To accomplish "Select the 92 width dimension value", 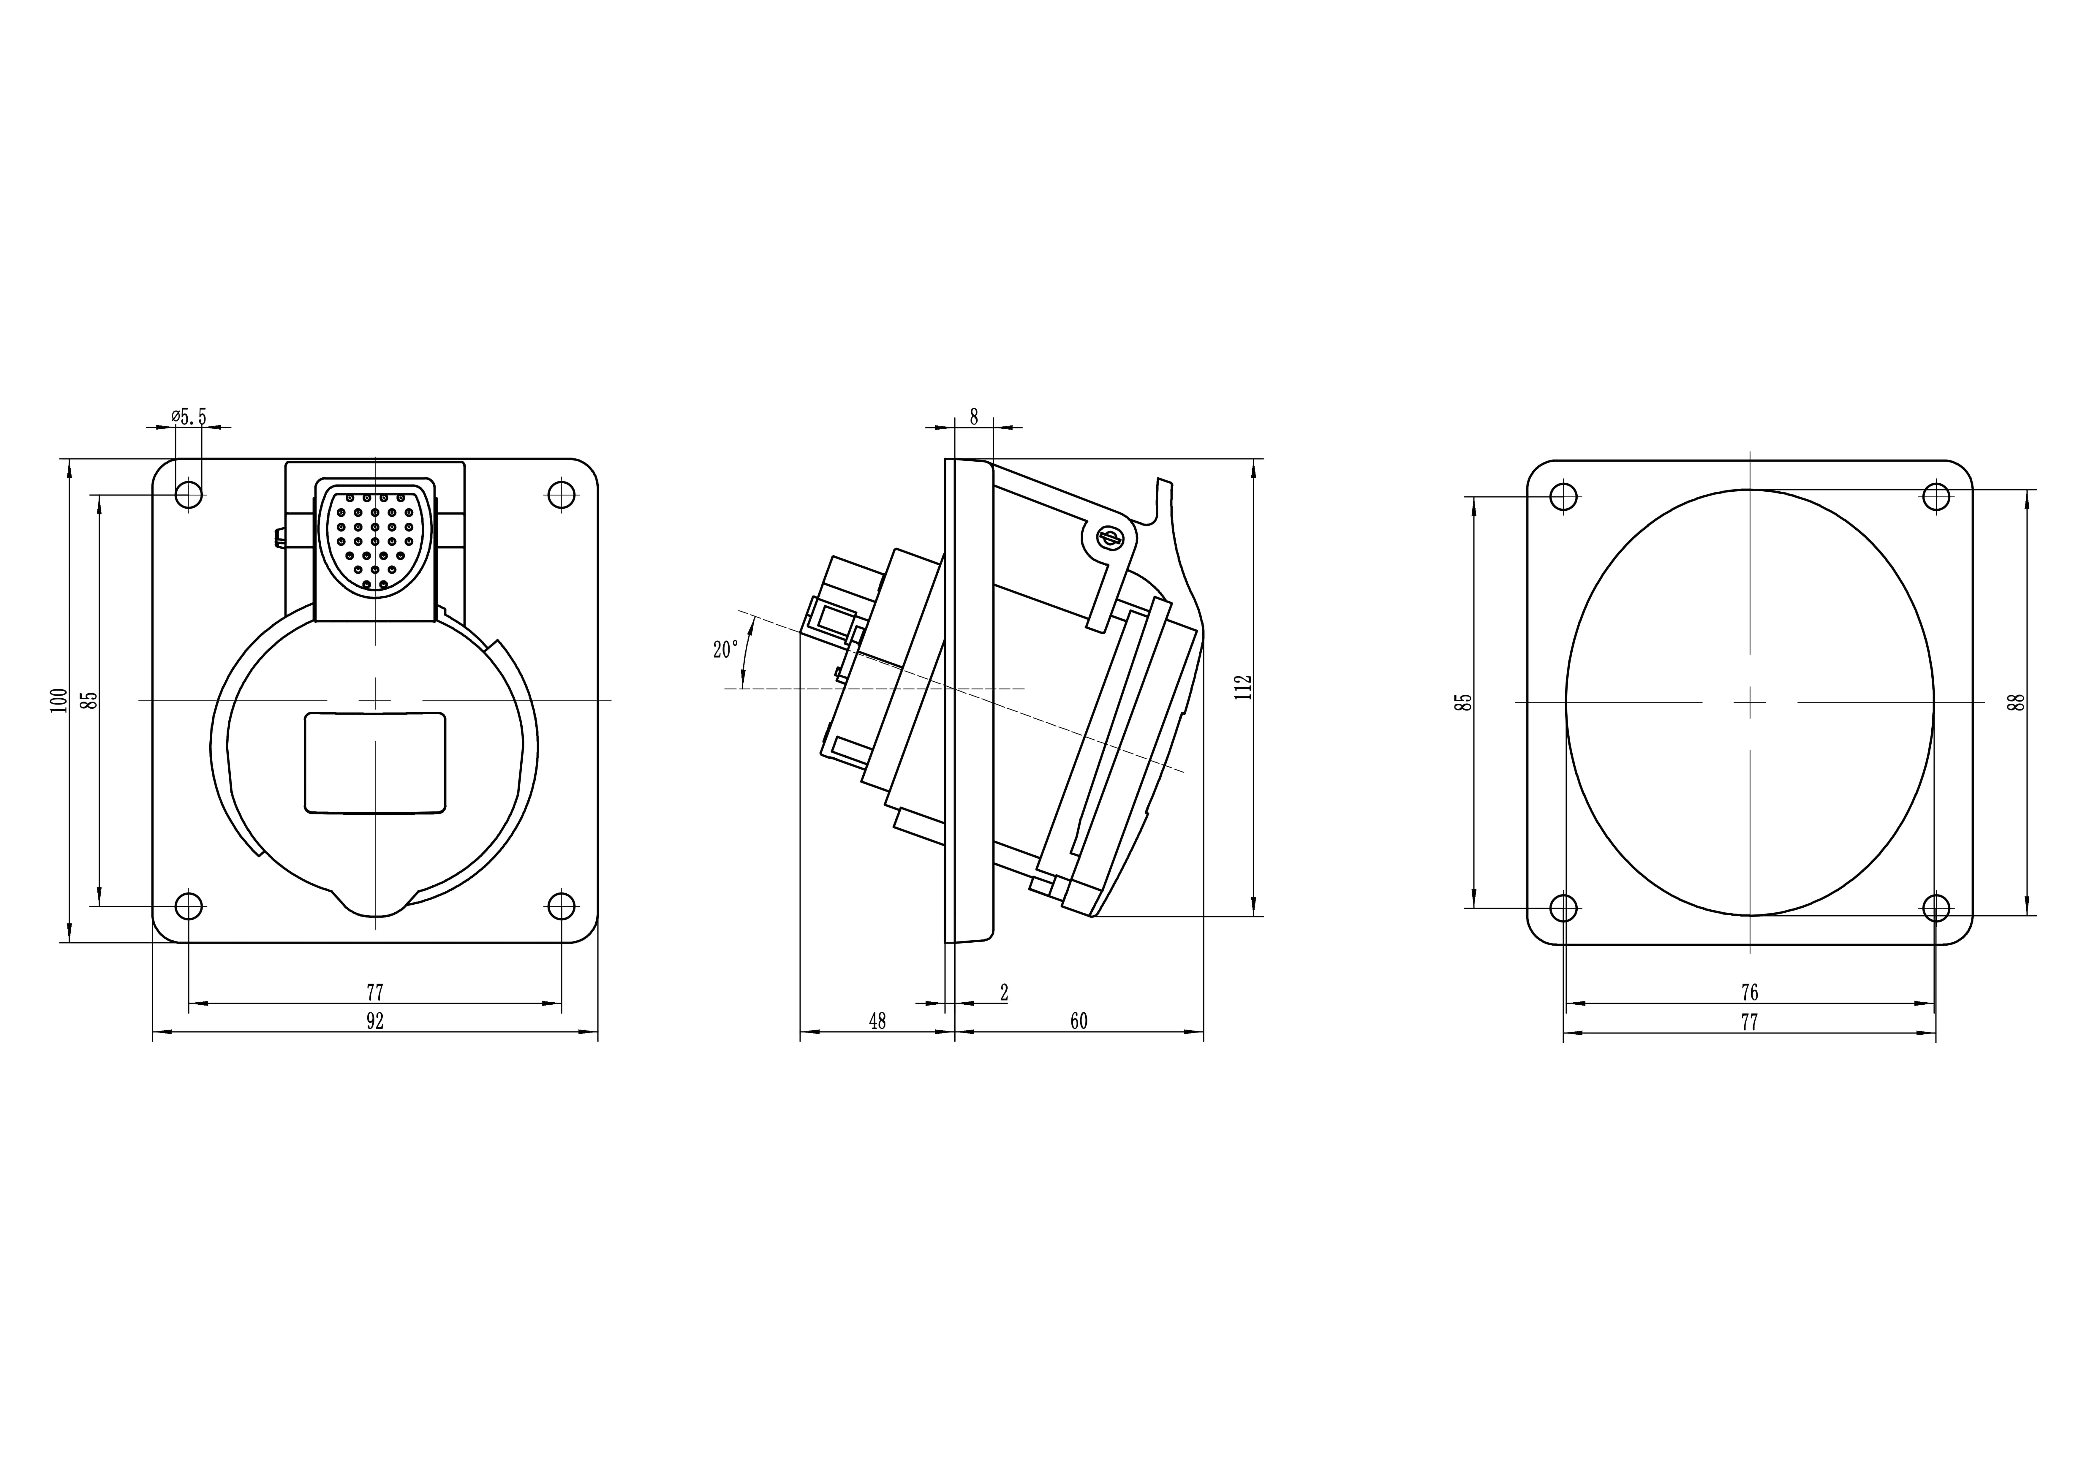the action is click(x=375, y=1022).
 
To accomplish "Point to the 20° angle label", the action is click(x=725, y=650).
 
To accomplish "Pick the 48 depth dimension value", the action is click(x=877, y=1022).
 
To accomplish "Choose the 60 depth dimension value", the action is click(x=1079, y=1022).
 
